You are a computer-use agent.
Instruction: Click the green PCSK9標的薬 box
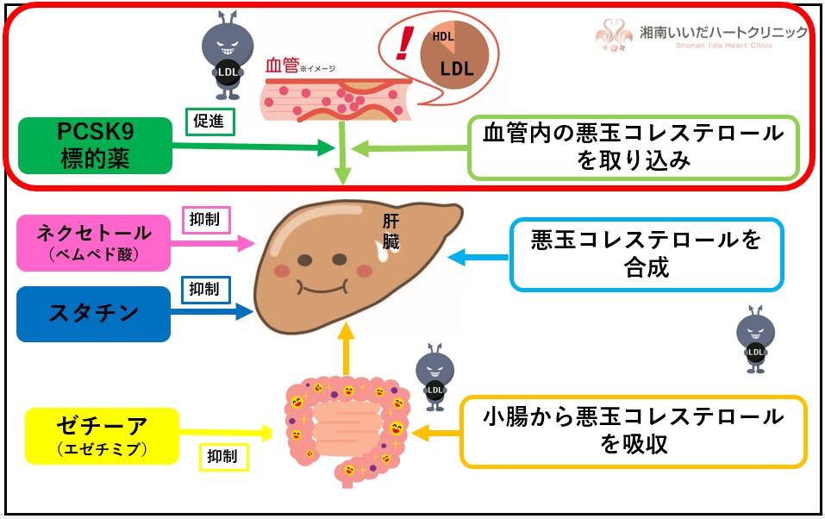[x=94, y=146]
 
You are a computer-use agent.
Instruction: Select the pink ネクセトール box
[x=94, y=241]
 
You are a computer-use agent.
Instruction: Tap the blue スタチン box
[x=94, y=313]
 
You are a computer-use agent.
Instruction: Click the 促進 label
[x=210, y=122]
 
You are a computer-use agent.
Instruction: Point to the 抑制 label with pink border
[x=204, y=219]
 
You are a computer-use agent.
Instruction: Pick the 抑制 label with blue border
[x=204, y=289]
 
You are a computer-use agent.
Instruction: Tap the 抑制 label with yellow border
[x=223, y=455]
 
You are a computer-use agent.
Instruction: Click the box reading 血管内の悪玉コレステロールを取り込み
[x=634, y=146]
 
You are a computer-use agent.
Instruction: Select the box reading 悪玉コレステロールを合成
[x=646, y=254]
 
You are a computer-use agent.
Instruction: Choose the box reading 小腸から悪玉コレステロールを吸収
[x=634, y=430]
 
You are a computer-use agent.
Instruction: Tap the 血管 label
[x=282, y=66]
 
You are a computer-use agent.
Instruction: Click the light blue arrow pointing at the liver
[x=478, y=255]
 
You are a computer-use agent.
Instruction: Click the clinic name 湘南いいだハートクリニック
[x=722, y=33]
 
